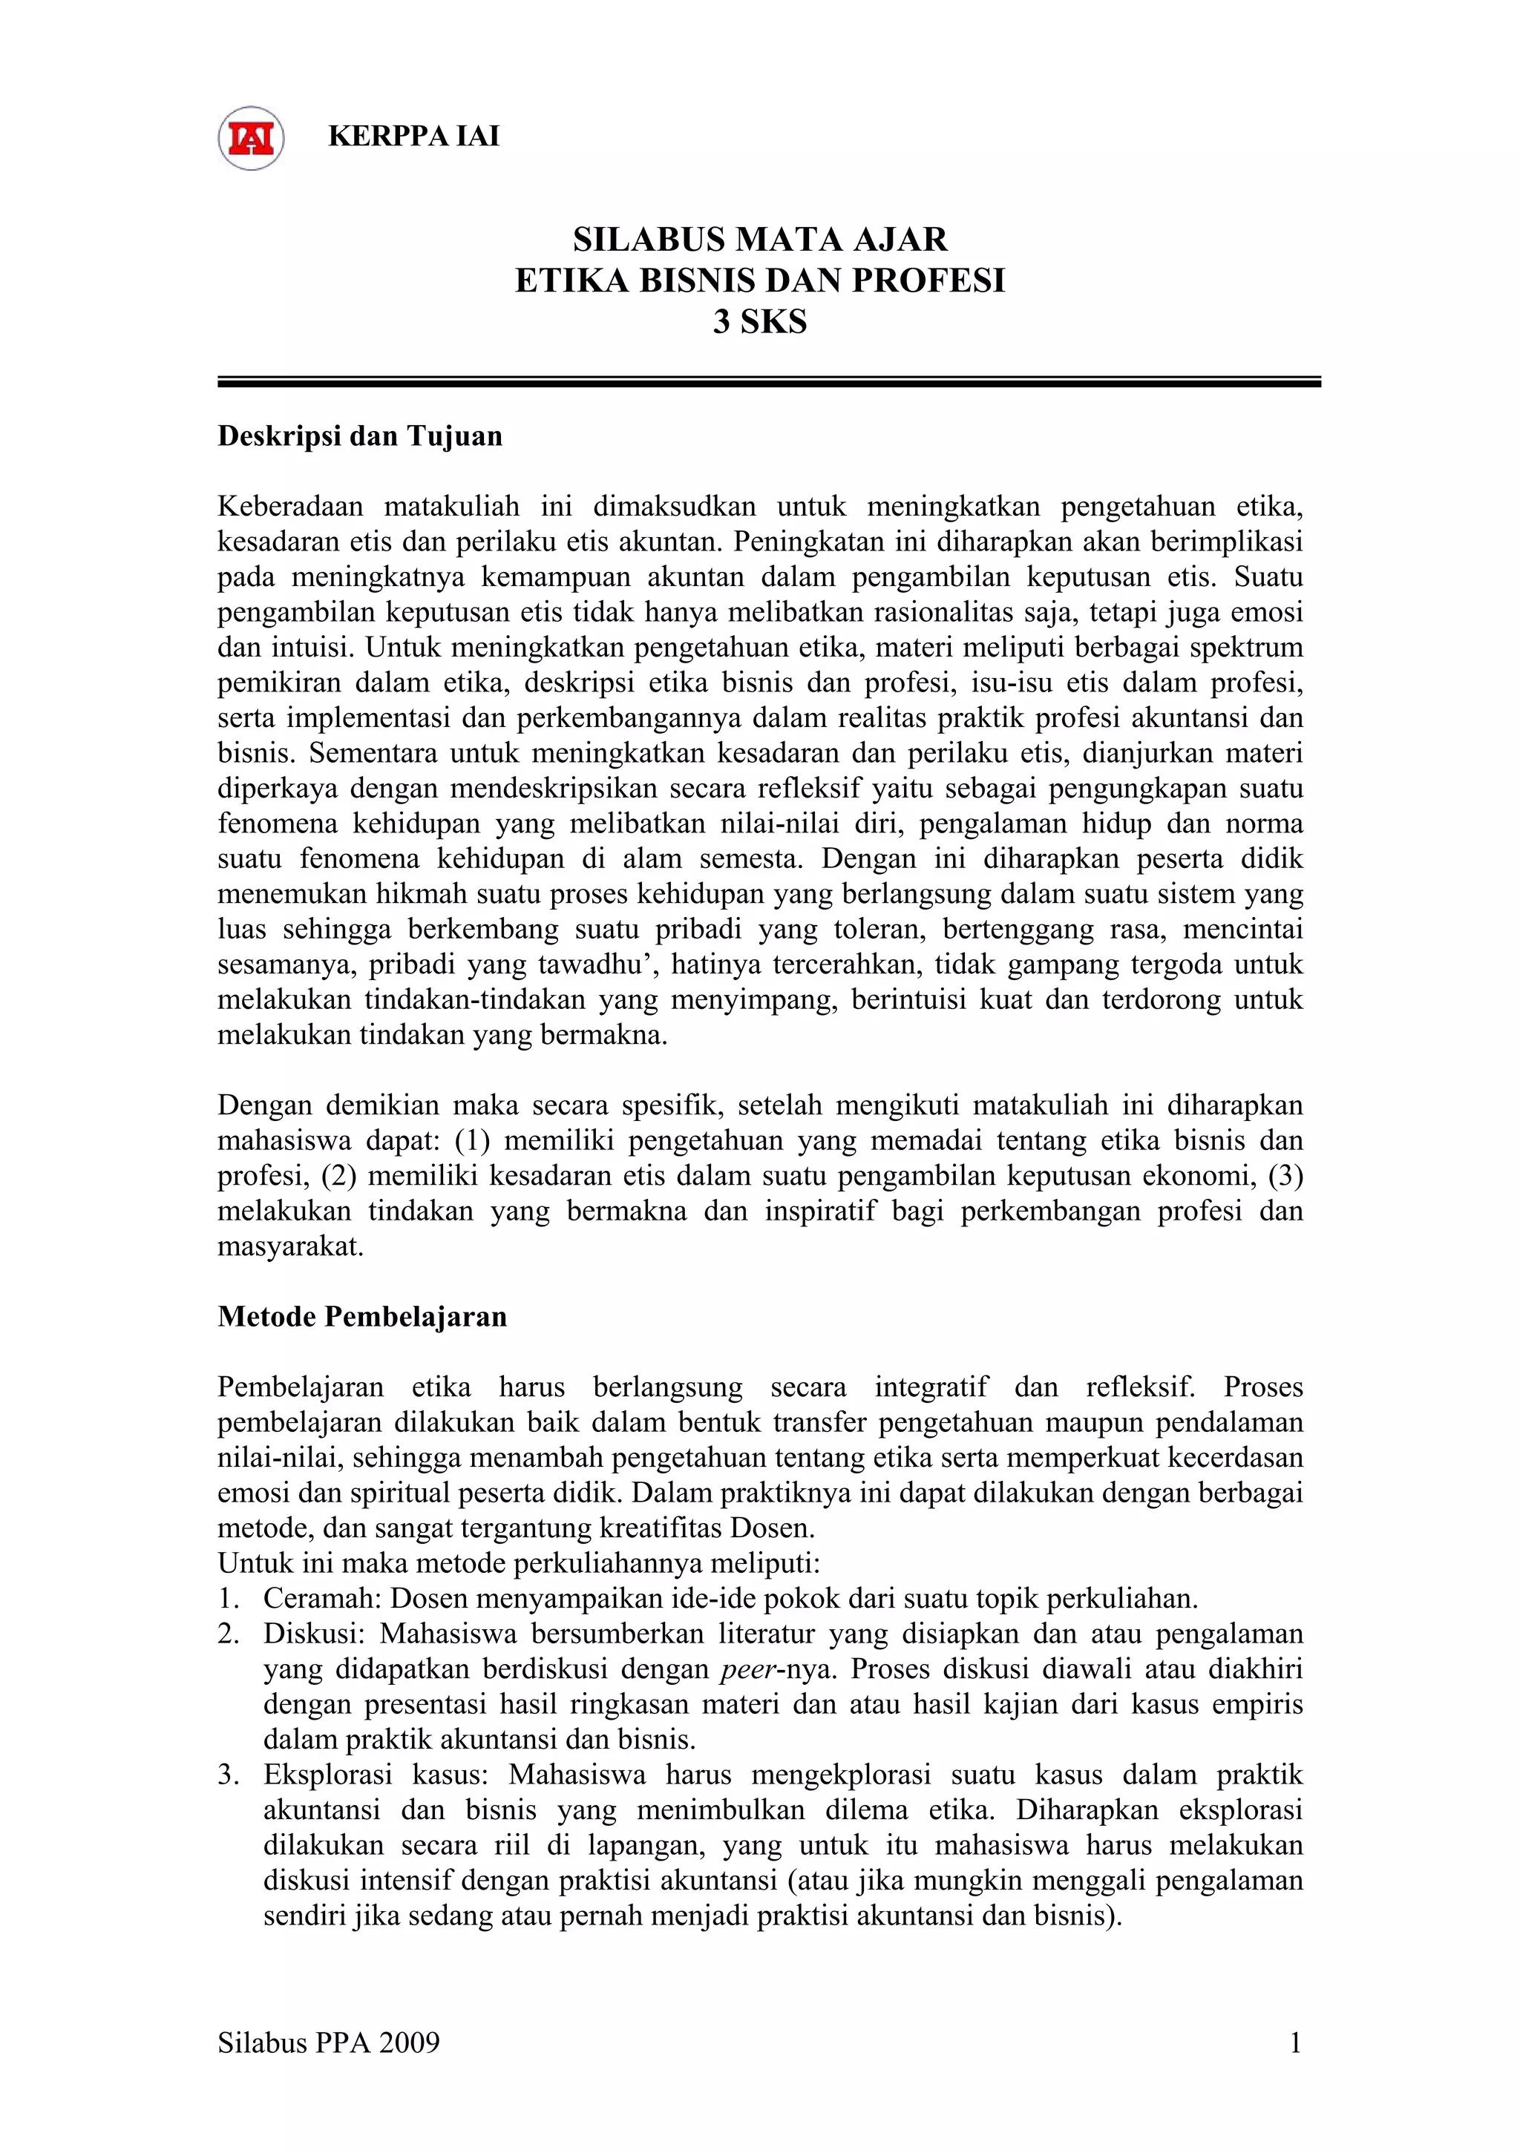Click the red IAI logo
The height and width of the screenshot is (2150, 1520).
pos(251,138)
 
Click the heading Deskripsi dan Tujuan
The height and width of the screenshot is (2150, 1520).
pos(360,436)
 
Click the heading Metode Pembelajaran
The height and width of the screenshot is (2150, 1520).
pos(361,1317)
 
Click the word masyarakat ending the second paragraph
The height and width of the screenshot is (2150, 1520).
pos(289,1247)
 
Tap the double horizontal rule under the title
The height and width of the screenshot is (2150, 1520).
pos(768,382)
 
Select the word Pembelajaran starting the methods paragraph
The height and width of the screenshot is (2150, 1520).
pos(301,1387)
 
